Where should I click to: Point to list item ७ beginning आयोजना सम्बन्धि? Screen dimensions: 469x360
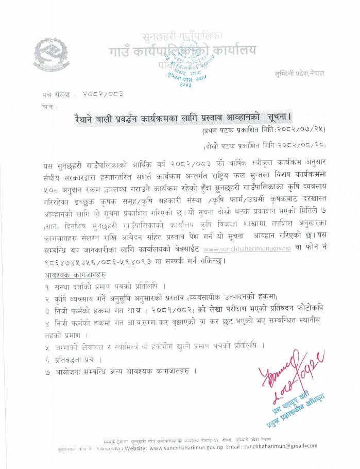click(124, 371)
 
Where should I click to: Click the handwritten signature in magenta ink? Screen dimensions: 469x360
click(288, 372)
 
